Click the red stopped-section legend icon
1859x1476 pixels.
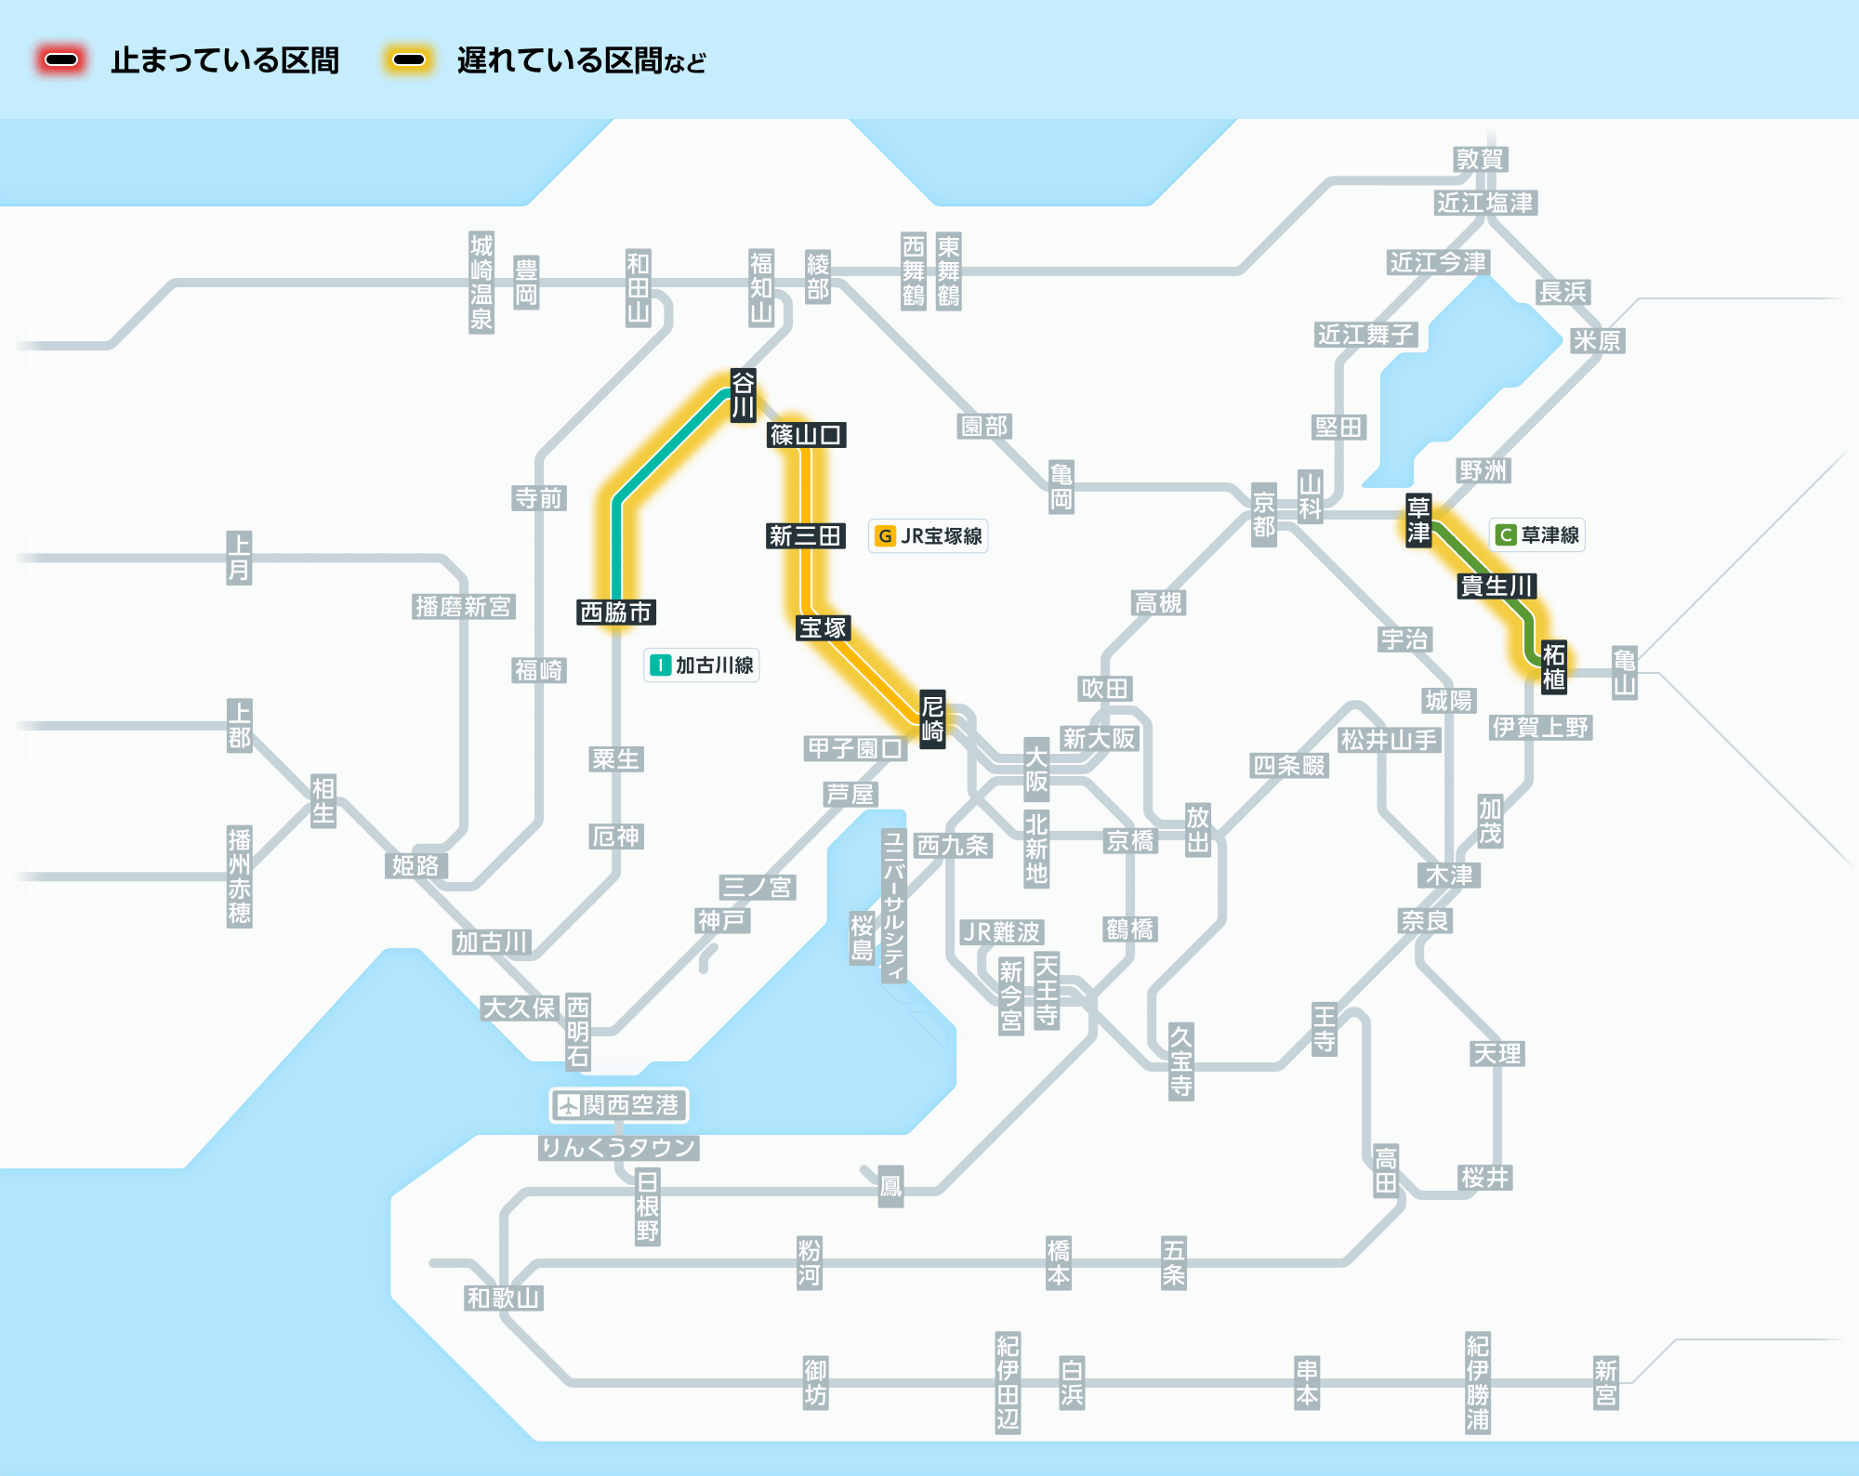[61, 60]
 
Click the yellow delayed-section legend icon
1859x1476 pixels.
[409, 60]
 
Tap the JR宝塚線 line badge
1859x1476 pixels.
[928, 536]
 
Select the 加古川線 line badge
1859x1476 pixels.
[702, 666]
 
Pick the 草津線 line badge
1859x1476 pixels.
[1537, 535]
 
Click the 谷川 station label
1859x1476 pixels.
[743, 395]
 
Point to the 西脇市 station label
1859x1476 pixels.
[616, 613]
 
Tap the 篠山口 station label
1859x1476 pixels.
[806, 435]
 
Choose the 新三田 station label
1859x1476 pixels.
[806, 536]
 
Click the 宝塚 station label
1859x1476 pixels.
[824, 628]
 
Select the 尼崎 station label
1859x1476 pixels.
[932, 718]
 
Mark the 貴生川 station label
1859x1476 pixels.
[1496, 586]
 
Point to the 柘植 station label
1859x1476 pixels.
[1554, 666]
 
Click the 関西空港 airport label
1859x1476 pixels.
[619, 1105]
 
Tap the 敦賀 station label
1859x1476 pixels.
[1481, 160]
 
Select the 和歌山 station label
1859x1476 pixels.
[504, 1298]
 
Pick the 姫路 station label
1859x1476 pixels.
[415, 866]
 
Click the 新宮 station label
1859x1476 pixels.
[1606, 1383]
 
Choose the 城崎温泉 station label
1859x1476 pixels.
[481, 283]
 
